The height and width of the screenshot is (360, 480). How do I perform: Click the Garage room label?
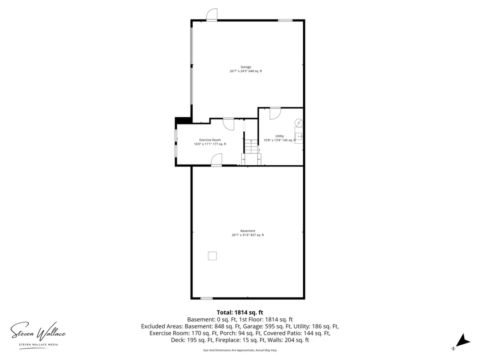click(246, 67)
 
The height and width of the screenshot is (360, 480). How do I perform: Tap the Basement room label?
click(248, 231)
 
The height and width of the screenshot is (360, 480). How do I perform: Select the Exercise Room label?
click(210, 140)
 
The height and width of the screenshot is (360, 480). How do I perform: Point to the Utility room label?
click(279, 136)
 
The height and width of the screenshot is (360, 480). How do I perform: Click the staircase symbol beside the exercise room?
click(251, 147)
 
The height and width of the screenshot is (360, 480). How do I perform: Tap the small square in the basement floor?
click(212, 256)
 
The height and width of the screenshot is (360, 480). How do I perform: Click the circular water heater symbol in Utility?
click(299, 123)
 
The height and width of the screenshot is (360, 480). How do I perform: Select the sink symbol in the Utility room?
click(299, 136)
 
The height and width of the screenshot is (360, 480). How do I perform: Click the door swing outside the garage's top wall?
click(211, 14)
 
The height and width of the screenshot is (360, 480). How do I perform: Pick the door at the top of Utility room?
click(275, 114)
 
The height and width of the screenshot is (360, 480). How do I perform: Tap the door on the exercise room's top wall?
click(228, 124)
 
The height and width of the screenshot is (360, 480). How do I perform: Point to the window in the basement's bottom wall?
click(206, 298)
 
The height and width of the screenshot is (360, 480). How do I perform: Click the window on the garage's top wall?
click(285, 21)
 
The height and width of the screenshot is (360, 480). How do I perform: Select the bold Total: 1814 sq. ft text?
click(240, 312)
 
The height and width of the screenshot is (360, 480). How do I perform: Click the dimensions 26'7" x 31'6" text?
click(240, 235)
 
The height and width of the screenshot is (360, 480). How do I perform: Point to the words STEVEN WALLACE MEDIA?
click(38, 345)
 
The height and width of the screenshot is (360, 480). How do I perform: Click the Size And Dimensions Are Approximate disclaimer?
click(240, 350)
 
